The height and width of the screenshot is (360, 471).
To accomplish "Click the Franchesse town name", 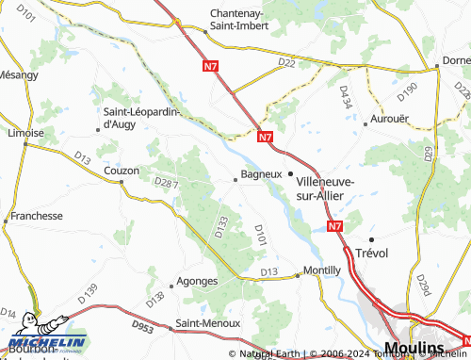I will [x=34, y=215].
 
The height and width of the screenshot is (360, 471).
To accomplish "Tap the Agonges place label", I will [x=198, y=281].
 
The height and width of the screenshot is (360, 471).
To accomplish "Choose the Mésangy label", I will [x=18, y=74].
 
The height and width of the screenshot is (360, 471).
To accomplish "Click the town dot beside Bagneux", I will [x=235, y=176].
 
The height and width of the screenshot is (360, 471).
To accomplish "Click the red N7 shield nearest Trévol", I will [x=336, y=226].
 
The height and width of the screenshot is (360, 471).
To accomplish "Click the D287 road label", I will [x=165, y=182].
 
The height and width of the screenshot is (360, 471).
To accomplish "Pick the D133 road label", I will [x=221, y=226].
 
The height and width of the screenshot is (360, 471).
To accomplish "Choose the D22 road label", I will [x=286, y=63].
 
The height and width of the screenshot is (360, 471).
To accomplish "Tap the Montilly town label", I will [x=322, y=270].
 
